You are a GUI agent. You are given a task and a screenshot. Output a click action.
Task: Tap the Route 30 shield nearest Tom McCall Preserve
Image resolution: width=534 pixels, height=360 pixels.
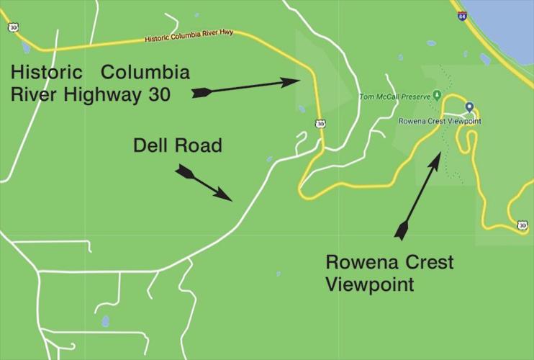coord(320,124)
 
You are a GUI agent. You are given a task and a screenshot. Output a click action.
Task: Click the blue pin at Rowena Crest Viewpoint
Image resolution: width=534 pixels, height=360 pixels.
coord(469,107)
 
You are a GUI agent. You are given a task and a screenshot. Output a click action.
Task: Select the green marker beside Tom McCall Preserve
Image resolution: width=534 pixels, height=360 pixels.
coord(436,95)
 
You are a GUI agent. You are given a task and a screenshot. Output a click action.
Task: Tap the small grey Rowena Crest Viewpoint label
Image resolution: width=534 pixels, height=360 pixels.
coord(439,121)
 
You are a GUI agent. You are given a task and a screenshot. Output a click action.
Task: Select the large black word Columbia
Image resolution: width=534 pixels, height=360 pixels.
coord(145,73)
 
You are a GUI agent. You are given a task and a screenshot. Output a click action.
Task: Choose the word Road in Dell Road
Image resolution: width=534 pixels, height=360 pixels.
coord(199,145)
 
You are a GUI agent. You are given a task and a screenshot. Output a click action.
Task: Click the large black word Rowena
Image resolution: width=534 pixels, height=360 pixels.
coord(361,263)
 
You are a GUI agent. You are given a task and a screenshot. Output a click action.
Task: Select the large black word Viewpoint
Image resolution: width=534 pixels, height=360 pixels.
coord(370,284)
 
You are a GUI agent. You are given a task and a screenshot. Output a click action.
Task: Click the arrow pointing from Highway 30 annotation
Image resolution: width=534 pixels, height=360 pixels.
coord(249,86)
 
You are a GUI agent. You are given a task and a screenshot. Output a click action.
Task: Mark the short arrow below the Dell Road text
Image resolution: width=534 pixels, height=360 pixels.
coord(204,182)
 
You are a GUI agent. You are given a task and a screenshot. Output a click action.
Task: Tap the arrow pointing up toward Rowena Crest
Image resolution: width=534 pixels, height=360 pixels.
coord(417,194)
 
